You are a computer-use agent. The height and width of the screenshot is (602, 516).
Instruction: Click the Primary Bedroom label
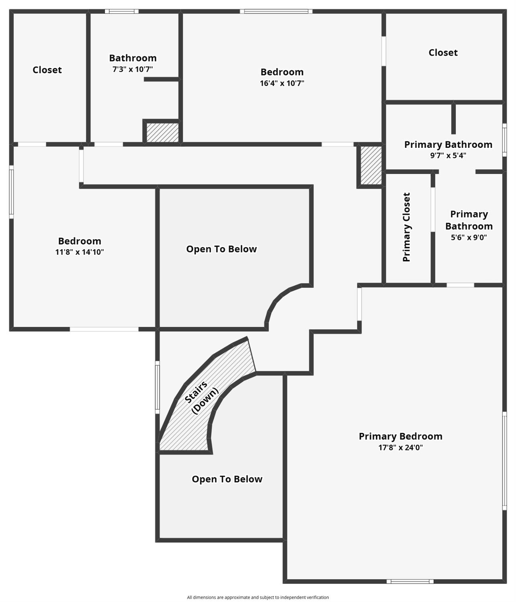pos(400,436)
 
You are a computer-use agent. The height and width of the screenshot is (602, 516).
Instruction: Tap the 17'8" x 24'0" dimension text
pos(400,447)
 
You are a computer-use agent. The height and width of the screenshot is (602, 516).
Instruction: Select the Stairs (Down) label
pos(201,397)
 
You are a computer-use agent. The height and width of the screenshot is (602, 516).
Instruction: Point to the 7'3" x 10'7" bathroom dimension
pos(133,69)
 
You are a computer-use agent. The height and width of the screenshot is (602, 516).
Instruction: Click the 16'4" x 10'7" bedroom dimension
pos(282,83)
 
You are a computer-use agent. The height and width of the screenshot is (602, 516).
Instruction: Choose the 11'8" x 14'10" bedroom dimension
pos(80,252)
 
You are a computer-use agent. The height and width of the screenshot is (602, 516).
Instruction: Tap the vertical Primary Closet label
pos(406,227)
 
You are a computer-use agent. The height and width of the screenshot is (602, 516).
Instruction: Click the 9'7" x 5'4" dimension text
pos(448,155)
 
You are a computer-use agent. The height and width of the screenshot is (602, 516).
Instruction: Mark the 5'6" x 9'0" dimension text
pos(469,238)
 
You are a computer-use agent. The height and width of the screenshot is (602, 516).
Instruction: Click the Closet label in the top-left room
pos(47,70)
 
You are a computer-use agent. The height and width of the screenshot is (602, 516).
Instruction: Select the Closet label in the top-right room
pos(443,52)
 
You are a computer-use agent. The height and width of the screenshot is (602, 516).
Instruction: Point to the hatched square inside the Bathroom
pos(162,133)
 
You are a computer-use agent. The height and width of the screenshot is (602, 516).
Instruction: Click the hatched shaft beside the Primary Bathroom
pos(371,165)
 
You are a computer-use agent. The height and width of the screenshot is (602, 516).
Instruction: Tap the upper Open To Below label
pos(221,249)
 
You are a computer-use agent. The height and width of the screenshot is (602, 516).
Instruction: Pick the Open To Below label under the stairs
pos(227,479)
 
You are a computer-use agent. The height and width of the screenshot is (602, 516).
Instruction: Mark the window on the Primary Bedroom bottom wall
pos(410,582)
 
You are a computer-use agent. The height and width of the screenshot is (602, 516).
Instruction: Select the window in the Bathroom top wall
pos(122,11)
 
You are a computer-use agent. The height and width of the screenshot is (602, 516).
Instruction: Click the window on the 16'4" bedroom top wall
pos(276,11)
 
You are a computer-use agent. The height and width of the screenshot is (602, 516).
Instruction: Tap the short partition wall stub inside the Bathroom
pos(161,79)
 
